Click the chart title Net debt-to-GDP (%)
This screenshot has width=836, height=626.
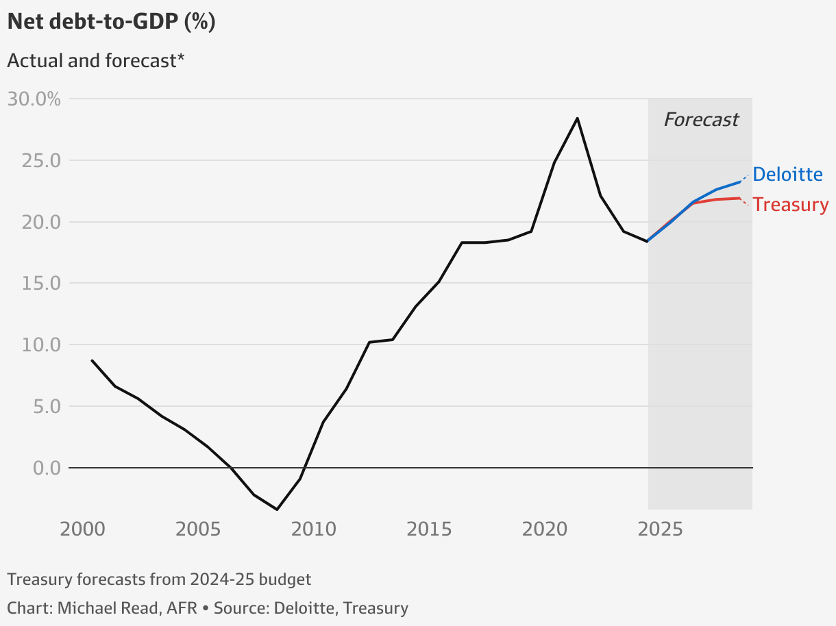[x=111, y=22]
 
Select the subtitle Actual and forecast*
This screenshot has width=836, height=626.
[x=96, y=60]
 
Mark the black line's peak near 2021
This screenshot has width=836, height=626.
[x=577, y=118]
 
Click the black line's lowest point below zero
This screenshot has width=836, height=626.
[x=277, y=510]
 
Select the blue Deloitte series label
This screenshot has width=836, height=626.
[x=787, y=175]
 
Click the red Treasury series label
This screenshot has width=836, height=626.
[x=791, y=205]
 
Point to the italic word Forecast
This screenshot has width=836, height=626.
[x=701, y=120]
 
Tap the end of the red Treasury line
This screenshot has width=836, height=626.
[x=740, y=198]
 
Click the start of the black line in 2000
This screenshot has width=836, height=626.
[x=92, y=360]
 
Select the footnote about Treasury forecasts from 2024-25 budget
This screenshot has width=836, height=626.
[x=159, y=579]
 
